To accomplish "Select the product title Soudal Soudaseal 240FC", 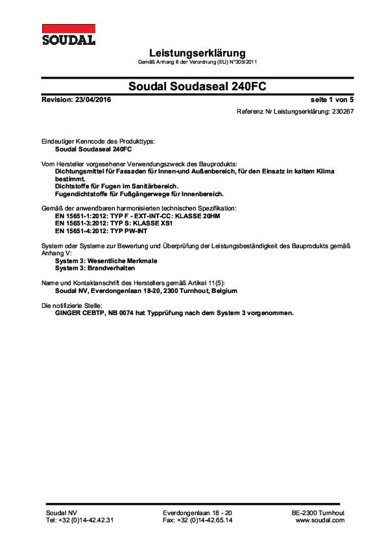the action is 197,86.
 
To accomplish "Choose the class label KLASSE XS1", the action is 162,223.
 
